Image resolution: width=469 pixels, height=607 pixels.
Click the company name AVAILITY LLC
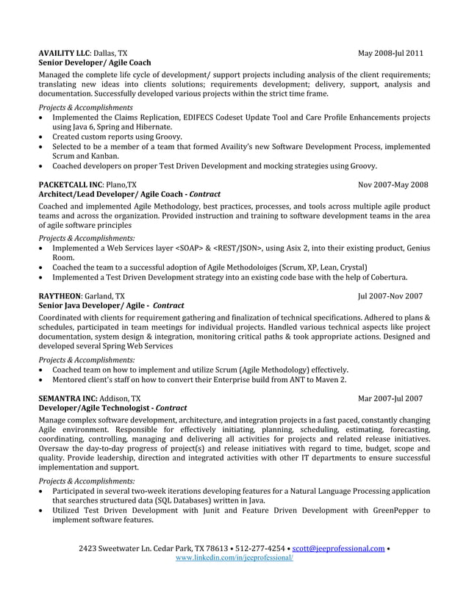(63, 54)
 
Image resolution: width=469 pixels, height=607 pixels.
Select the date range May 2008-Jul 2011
(390, 54)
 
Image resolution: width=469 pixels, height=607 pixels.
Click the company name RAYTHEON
(60, 296)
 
